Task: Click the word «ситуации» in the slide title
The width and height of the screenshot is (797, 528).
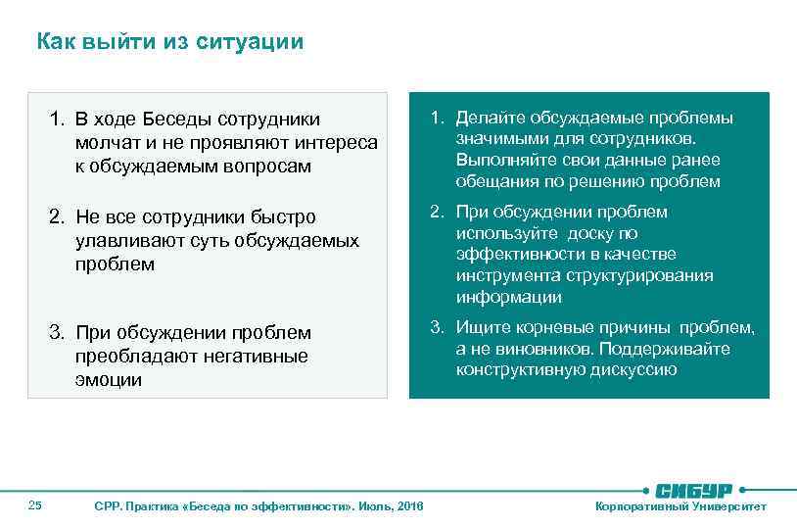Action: (258, 42)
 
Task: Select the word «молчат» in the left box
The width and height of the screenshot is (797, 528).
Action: (105, 143)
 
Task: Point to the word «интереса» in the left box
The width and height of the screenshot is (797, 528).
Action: (337, 143)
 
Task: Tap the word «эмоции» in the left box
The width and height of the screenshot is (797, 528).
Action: (108, 380)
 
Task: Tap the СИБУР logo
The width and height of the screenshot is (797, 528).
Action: (696, 489)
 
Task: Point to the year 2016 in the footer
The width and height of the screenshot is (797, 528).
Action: (412, 506)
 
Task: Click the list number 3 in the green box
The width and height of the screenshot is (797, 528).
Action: (436, 327)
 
